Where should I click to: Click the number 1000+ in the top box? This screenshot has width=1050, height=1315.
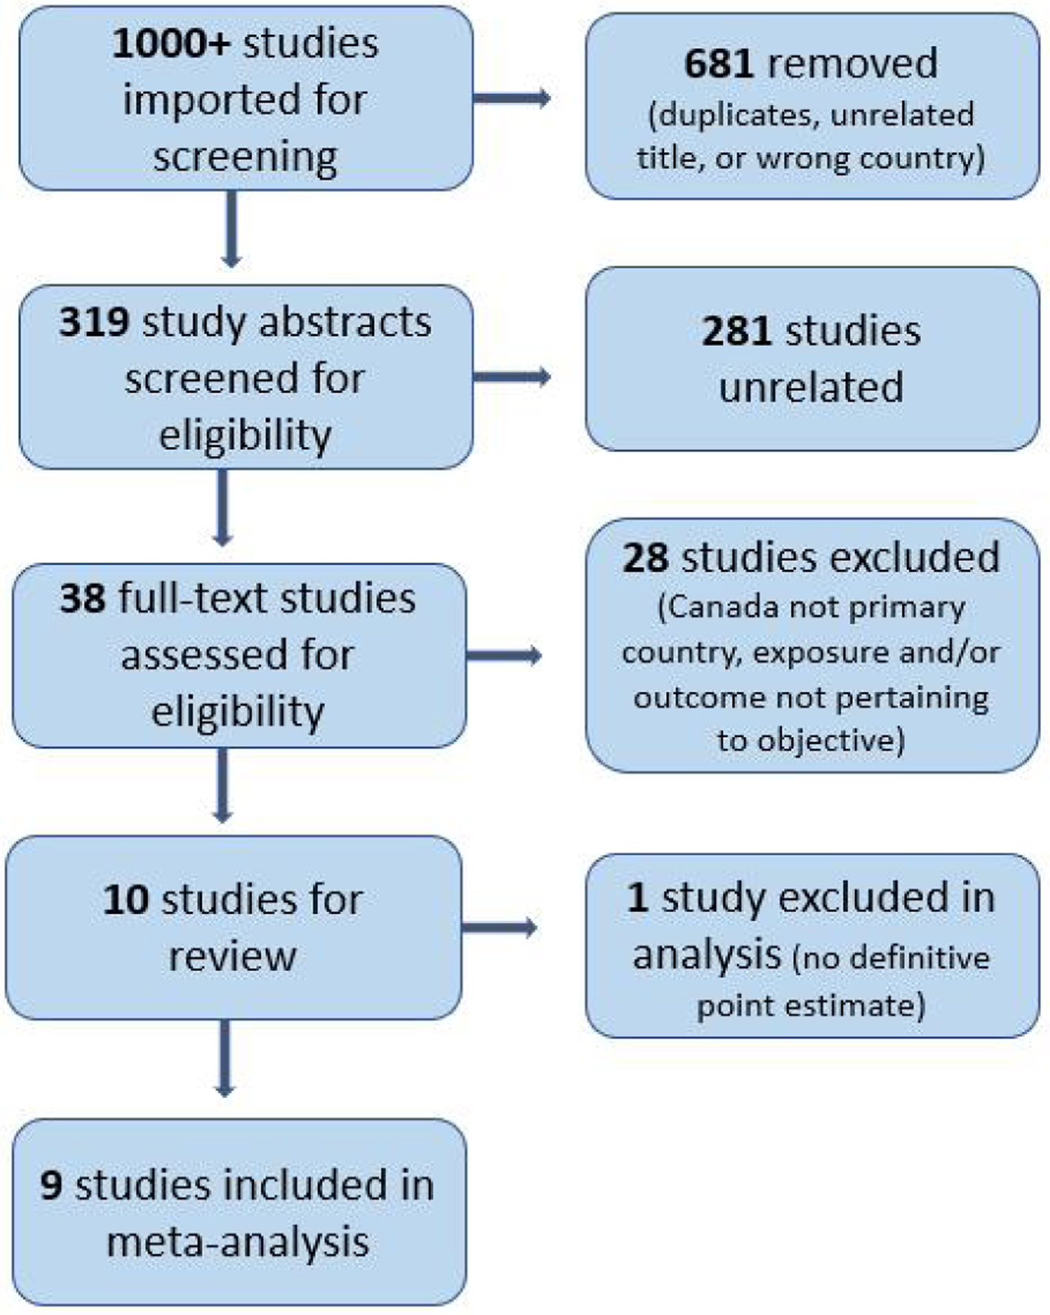(171, 44)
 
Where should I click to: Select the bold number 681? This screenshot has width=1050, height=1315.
(719, 64)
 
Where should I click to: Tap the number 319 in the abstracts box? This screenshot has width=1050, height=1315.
(94, 323)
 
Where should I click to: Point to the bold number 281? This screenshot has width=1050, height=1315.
(737, 331)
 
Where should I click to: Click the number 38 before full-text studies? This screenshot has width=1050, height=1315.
(83, 599)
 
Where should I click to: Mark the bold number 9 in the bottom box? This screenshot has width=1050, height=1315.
(51, 1185)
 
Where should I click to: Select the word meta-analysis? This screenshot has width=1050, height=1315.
(238, 1242)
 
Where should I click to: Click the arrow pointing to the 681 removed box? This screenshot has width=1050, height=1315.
(511, 98)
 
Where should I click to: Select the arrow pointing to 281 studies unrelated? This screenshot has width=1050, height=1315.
(511, 377)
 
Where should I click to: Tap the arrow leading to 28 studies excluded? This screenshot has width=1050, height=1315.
(504, 655)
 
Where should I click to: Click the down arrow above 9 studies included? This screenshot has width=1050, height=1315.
(225, 1058)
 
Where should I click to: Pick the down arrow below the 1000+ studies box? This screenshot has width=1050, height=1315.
(231, 228)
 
